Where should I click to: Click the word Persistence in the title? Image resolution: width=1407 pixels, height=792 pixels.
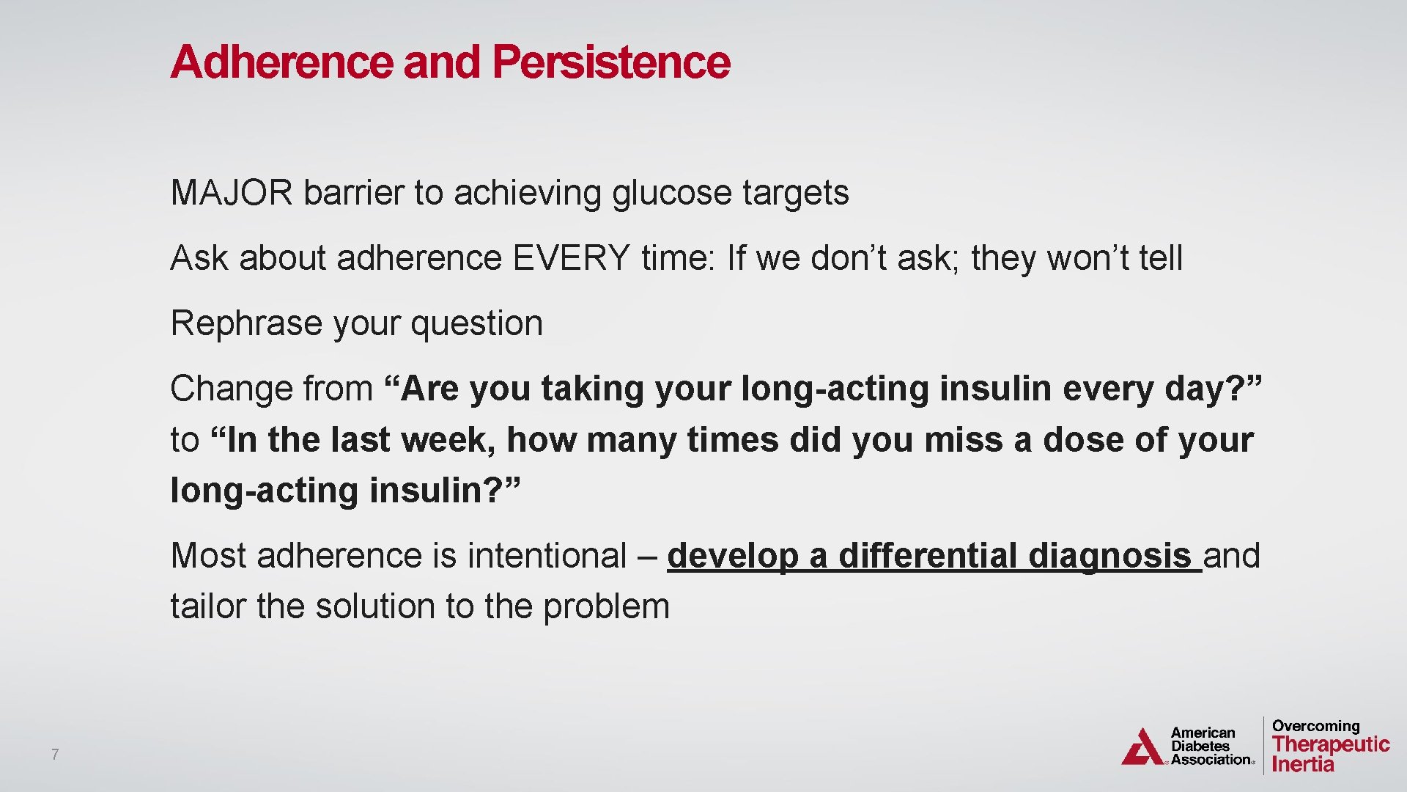[610, 62]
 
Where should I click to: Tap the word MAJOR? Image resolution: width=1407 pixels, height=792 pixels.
[231, 193]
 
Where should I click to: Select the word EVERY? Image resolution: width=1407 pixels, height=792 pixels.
[571, 258]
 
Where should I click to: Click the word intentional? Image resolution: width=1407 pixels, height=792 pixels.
[547, 556]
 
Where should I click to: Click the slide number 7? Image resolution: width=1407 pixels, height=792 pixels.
[55, 754]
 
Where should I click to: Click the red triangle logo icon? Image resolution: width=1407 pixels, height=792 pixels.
[1142, 748]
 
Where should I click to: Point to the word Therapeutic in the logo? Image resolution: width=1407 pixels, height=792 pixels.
[1331, 744]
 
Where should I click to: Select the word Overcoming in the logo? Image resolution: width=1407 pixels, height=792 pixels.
[1315, 726]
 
